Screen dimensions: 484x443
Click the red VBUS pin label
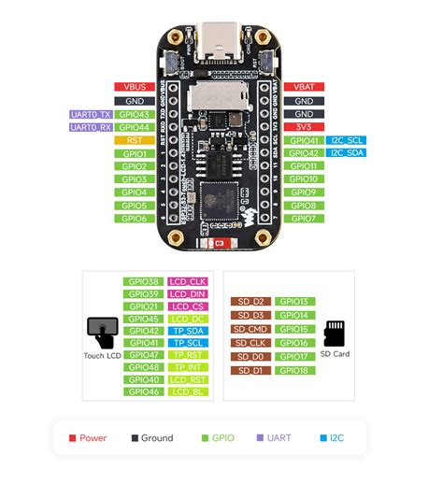(x=134, y=87)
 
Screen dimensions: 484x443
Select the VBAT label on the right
(x=304, y=87)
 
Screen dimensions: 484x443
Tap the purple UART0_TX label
(x=90, y=114)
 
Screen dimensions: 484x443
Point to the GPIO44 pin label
(x=134, y=127)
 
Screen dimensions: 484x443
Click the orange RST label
(x=134, y=140)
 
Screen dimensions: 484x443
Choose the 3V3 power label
(x=304, y=127)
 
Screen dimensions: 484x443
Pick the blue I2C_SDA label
(x=346, y=153)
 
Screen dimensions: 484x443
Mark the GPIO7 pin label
(x=304, y=219)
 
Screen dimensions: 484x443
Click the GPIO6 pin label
(x=134, y=219)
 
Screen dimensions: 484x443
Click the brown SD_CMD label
(x=251, y=329)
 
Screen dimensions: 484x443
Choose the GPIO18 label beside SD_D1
(x=293, y=371)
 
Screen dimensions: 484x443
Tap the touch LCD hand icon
(x=102, y=331)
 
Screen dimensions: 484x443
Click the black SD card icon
(x=334, y=333)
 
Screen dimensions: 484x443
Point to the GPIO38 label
(x=143, y=280)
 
